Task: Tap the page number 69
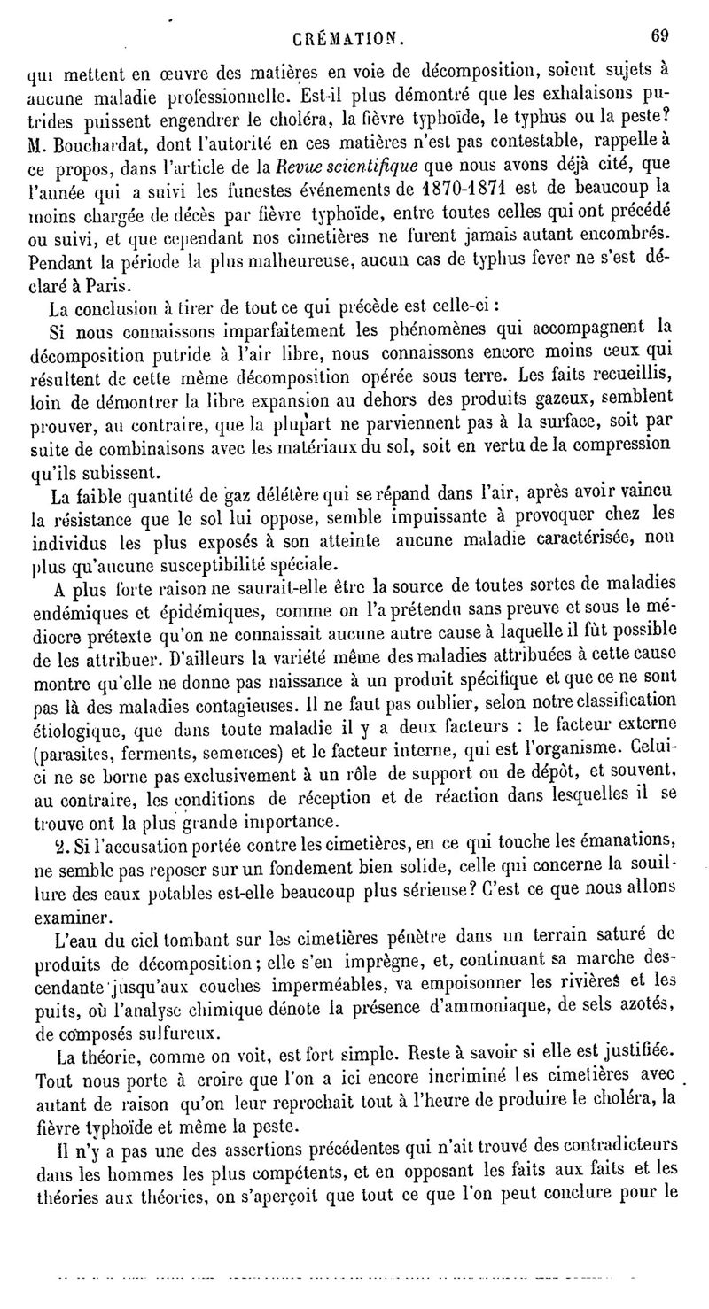658,36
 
